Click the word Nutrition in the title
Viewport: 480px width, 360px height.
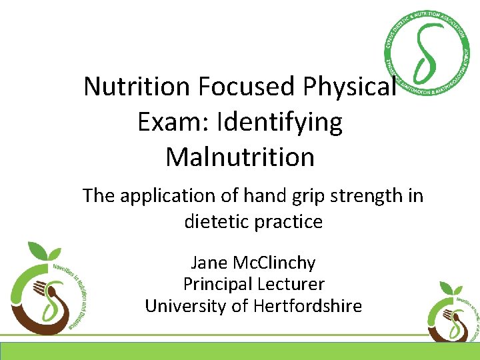(x=137, y=87)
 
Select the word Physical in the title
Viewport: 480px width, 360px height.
(x=351, y=87)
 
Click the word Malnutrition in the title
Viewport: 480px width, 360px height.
(x=240, y=157)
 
